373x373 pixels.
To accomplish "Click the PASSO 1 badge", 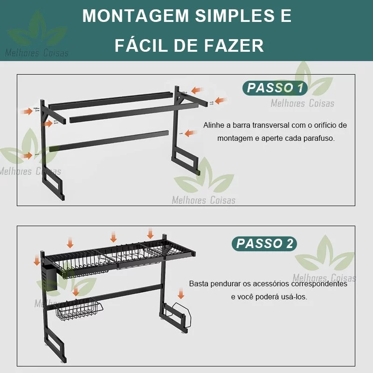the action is point(275,88).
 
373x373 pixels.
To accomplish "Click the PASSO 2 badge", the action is point(264,243).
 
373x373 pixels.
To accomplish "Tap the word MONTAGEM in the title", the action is point(136,16).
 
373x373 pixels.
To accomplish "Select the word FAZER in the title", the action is point(234,45).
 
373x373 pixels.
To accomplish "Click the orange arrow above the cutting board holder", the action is point(181,293).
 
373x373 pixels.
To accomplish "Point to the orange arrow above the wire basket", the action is point(76,291).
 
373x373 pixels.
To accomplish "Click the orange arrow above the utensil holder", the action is point(37,260).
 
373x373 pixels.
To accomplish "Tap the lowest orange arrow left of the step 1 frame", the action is point(27,156).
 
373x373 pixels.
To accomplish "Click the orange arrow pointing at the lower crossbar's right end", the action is point(190,133).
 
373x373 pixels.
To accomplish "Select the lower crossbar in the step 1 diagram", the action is point(109,141).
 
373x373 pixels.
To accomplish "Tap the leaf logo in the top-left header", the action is point(38,30).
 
